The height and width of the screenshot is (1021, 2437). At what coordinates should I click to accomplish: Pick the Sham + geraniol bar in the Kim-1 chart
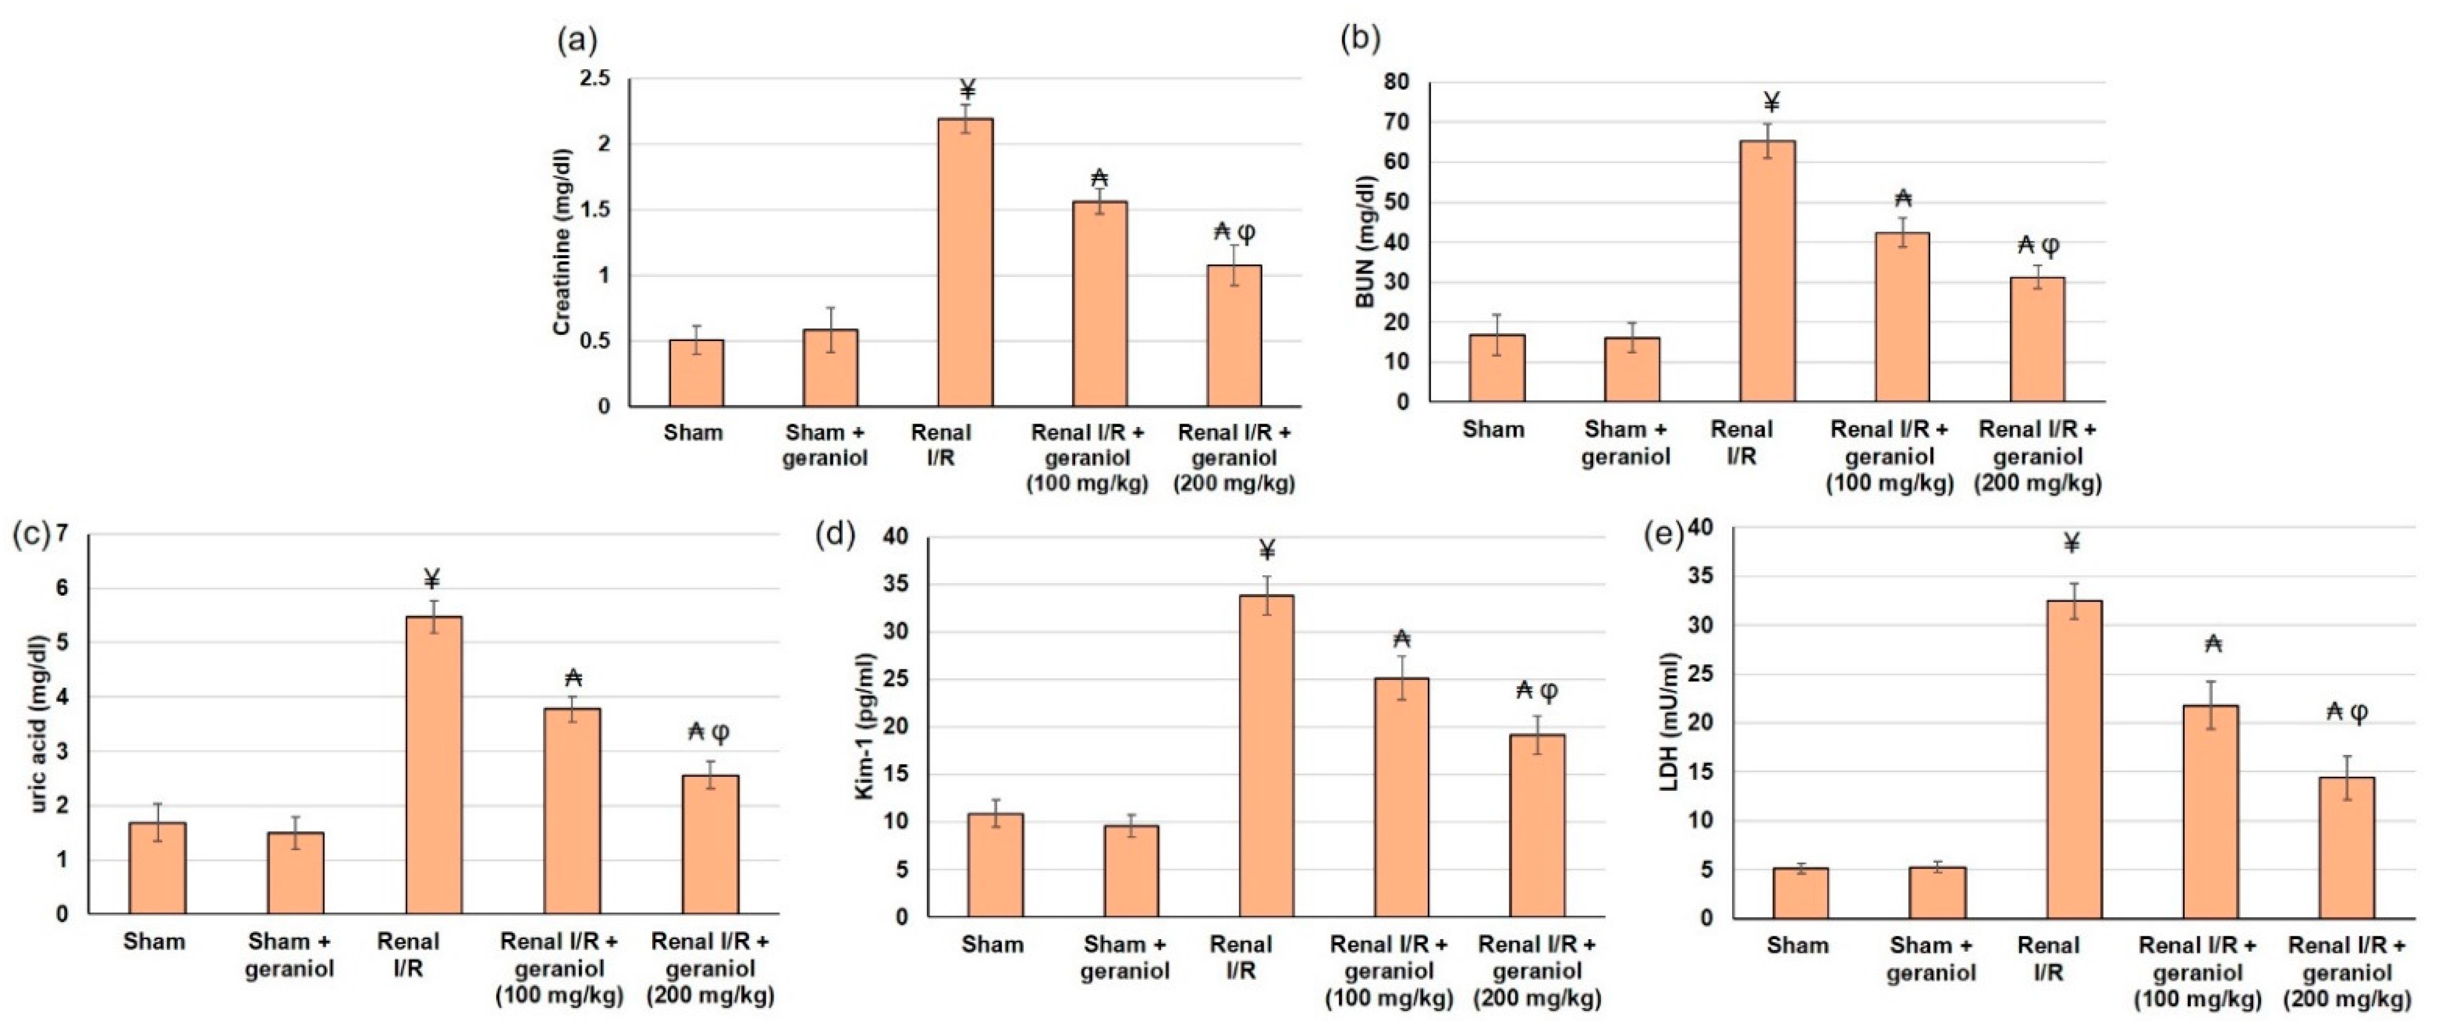tap(1131, 870)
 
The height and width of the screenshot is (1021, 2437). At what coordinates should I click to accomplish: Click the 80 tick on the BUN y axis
tap(1396, 82)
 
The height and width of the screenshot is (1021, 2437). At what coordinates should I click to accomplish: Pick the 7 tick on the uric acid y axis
tap(62, 534)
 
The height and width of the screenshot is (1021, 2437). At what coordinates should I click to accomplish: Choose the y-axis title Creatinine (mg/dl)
tap(562, 242)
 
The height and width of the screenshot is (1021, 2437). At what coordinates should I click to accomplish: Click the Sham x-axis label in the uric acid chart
tap(154, 941)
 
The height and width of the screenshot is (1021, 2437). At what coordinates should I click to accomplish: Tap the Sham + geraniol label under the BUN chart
tap(1625, 443)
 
